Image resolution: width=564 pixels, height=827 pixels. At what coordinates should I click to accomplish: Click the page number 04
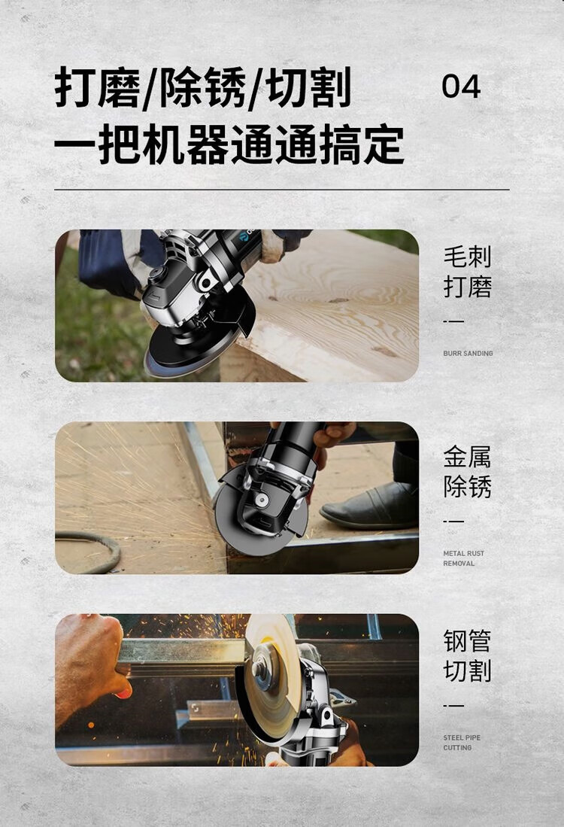(461, 87)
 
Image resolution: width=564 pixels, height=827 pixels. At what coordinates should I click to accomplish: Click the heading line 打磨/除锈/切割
(203, 87)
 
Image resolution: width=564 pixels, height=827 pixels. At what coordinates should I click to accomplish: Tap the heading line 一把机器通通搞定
(229, 144)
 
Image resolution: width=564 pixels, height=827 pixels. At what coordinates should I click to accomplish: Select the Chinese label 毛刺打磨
(468, 272)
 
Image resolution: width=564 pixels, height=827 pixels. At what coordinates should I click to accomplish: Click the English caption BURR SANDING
(468, 354)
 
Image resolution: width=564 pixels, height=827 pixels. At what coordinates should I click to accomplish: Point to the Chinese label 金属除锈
(468, 472)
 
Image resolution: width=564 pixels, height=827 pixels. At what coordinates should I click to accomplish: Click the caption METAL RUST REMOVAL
(463, 558)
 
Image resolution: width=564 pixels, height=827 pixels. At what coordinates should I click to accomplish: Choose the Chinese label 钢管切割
(468, 655)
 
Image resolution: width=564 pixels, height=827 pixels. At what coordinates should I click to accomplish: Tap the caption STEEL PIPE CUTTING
(462, 743)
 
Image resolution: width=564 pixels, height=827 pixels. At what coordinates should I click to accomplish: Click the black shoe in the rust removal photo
(369, 506)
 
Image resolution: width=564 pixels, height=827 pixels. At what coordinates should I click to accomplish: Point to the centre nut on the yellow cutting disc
(260, 669)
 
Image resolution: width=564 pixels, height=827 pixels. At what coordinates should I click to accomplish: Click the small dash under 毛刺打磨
(453, 321)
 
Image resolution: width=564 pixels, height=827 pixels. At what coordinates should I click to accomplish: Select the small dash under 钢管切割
(453, 705)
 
